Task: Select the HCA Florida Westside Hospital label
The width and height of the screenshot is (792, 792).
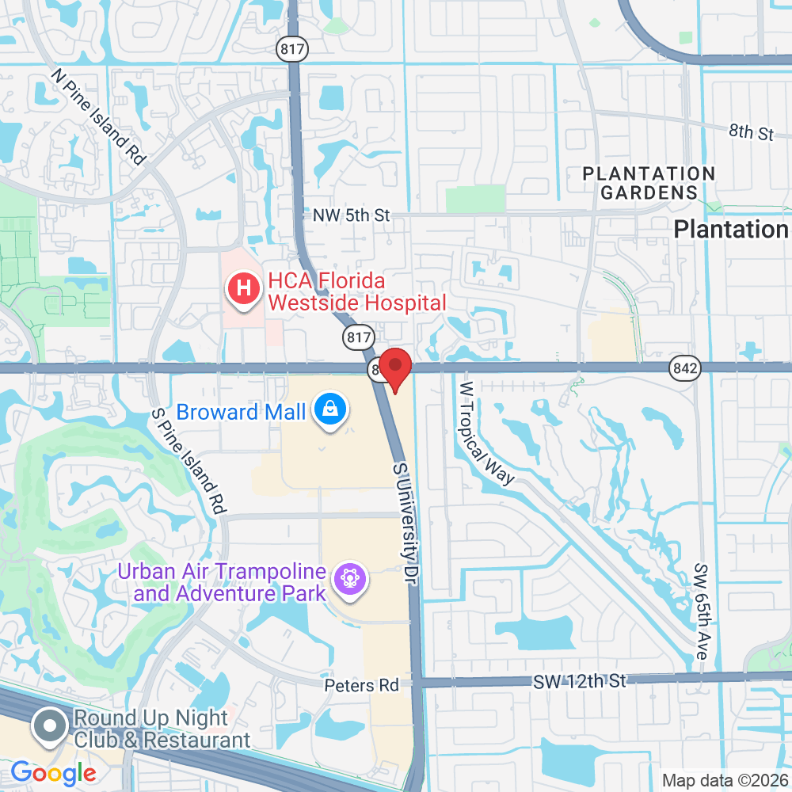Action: pyautogui.click(x=357, y=291)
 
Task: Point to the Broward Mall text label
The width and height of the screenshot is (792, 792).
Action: pyautogui.click(x=240, y=412)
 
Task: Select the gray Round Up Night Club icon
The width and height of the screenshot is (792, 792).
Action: pyautogui.click(x=50, y=727)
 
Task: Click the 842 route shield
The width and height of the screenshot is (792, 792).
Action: pyautogui.click(x=683, y=367)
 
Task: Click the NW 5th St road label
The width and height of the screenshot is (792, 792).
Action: pyautogui.click(x=352, y=215)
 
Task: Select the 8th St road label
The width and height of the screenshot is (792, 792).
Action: pyautogui.click(x=751, y=131)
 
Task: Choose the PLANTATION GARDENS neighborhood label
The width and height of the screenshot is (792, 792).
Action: pyautogui.click(x=649, y=183)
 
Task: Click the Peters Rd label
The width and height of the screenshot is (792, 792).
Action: pyautogui.click(x=361, y=685)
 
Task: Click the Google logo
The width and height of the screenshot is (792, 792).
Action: pyautogui.click(x=53, y=772)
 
